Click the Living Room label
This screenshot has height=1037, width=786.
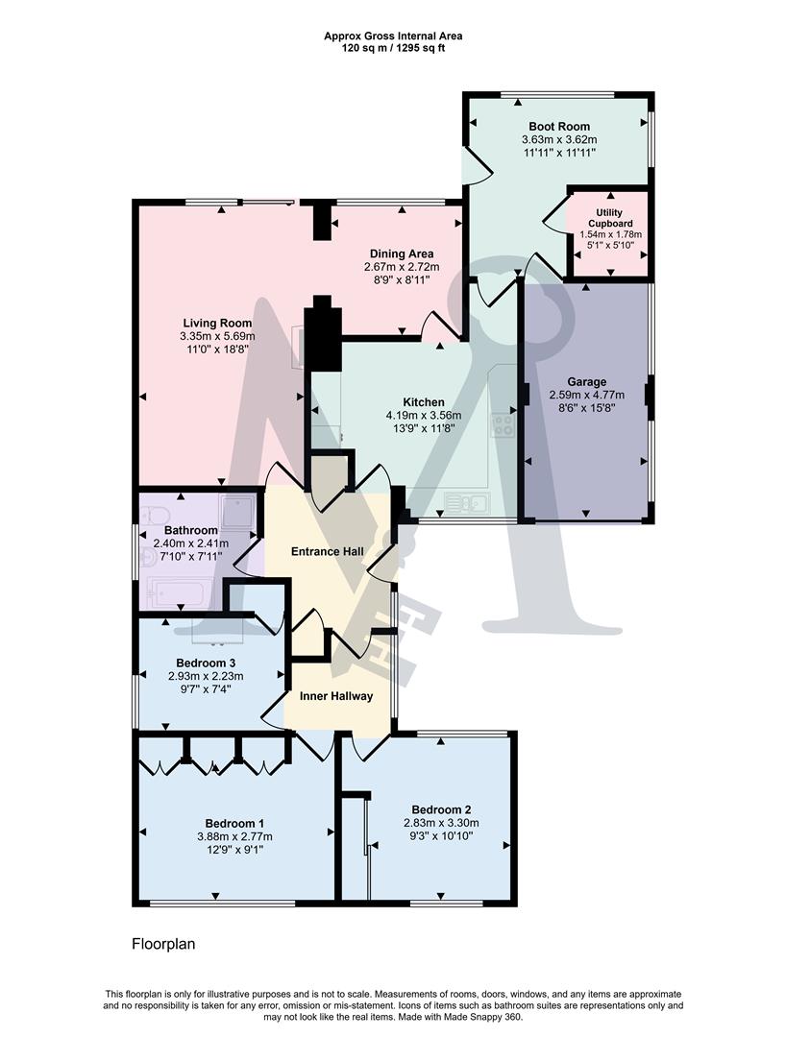217,323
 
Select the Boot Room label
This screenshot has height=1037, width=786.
559,126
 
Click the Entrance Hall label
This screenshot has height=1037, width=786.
329,551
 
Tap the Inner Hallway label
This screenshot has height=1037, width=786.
336,696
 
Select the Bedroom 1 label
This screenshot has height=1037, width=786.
234,823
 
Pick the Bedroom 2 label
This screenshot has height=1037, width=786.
441,808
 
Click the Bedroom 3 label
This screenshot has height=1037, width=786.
206,663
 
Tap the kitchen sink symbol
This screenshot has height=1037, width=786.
468,501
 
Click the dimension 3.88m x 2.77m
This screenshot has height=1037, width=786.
234,836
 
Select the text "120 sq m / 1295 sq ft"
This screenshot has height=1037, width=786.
393,48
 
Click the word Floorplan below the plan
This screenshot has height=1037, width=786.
163,944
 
